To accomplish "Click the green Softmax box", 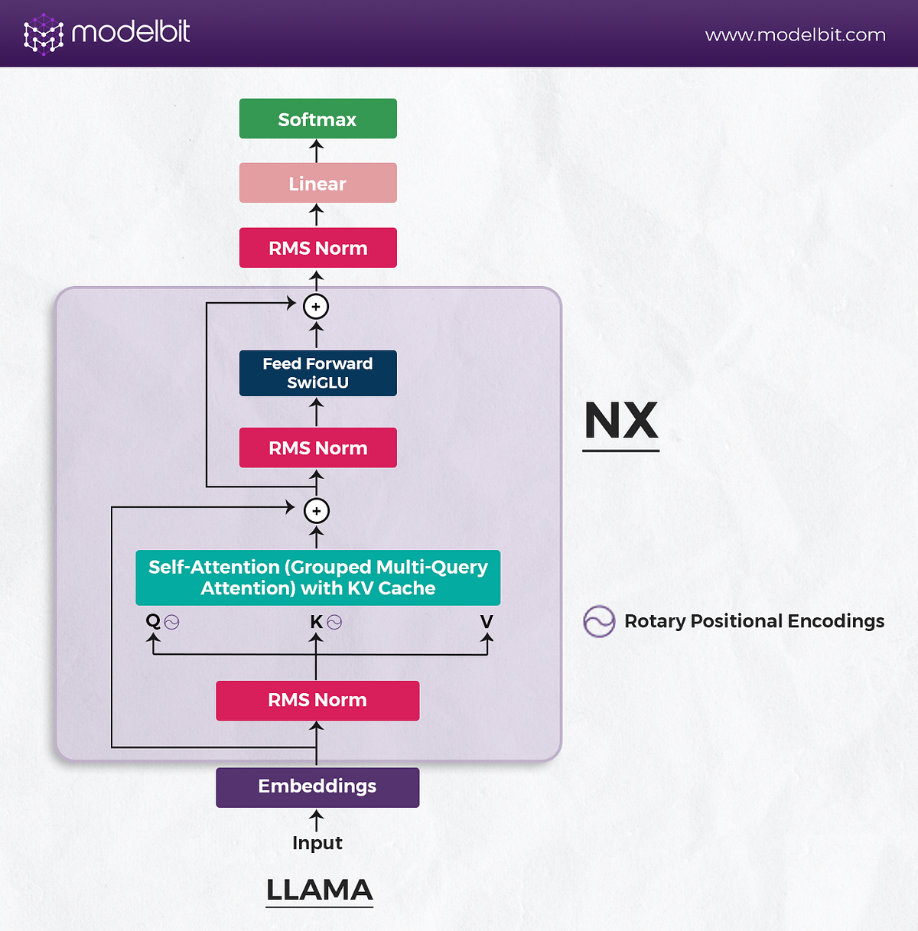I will point(317,119).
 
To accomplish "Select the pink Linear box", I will point(317,183).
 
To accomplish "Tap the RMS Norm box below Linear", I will point(317,248).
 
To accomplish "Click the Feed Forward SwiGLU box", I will point(317,373).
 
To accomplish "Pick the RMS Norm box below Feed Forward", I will point(317,448).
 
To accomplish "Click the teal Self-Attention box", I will point(317,578).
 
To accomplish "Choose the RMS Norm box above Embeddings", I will point(317,700).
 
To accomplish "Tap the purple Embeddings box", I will point(317,786).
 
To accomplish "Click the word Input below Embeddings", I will point(317,843).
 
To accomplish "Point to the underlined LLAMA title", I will point(319,890).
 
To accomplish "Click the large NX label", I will point(620,421).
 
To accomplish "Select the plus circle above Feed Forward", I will point(316,307).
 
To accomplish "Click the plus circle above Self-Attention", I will point(317,511).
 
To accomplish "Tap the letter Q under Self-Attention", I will point(153,621).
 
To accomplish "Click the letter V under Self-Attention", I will point(487,621).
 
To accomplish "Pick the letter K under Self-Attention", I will point(316,622).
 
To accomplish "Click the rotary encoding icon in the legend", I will point(599,621).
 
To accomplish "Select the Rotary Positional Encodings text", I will point(754,621).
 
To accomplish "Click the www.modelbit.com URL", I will point(795,35).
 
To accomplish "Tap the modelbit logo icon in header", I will point(43,34).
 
